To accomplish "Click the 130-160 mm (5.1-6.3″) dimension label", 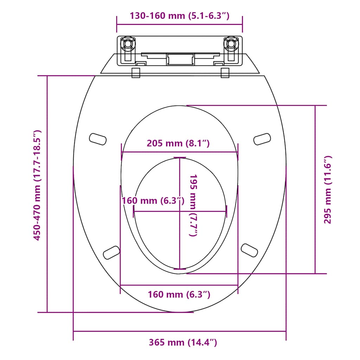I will (179, 16).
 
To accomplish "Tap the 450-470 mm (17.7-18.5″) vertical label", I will (38, 185).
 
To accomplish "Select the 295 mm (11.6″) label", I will (328, 190).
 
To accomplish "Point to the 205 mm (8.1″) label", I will (178, 143).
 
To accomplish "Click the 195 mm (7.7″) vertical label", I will (194, 205).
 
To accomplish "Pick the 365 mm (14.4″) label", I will (183, 342).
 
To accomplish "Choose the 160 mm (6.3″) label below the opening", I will (179, 295).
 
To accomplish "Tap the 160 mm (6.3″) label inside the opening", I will (153, 201).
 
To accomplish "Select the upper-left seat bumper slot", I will (98, 139).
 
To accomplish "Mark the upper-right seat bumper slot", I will (262, 139).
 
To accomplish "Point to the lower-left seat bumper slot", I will (111, 252).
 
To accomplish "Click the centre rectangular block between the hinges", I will (180, 59).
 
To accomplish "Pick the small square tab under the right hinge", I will (225, 72).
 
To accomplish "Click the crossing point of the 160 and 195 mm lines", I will (180, 211).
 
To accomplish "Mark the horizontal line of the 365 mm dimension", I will (179, 331).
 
